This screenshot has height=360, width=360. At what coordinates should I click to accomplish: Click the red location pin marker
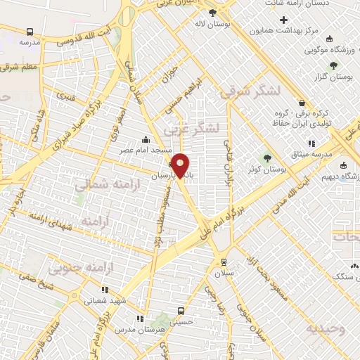coord(181,165)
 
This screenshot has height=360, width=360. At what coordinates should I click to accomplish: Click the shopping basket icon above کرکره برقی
coord(301,102)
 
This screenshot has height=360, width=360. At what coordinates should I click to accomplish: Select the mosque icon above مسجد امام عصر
coord(146,139)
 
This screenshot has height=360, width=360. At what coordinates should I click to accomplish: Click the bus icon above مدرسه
coord(30,32)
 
